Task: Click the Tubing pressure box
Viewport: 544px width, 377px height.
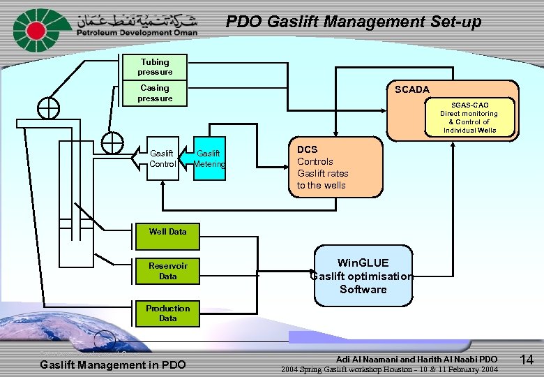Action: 154,67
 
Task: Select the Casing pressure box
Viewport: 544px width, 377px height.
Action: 155,94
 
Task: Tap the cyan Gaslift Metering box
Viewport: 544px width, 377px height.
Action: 209,159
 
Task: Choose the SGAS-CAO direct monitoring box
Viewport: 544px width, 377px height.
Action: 469,117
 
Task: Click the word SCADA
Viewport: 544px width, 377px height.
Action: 412,89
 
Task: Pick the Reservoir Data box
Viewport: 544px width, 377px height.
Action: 167,271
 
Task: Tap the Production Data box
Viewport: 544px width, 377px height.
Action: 167,313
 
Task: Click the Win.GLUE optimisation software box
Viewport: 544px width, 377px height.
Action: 363,276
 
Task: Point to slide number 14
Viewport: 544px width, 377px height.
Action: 527,360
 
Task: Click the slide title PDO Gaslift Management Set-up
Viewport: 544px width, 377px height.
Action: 354,22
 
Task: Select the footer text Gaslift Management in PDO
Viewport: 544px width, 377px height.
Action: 113,364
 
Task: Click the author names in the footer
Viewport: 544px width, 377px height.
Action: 416,359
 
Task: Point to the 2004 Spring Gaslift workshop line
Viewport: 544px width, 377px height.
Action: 389,369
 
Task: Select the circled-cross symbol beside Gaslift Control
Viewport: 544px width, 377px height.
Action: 112,142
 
